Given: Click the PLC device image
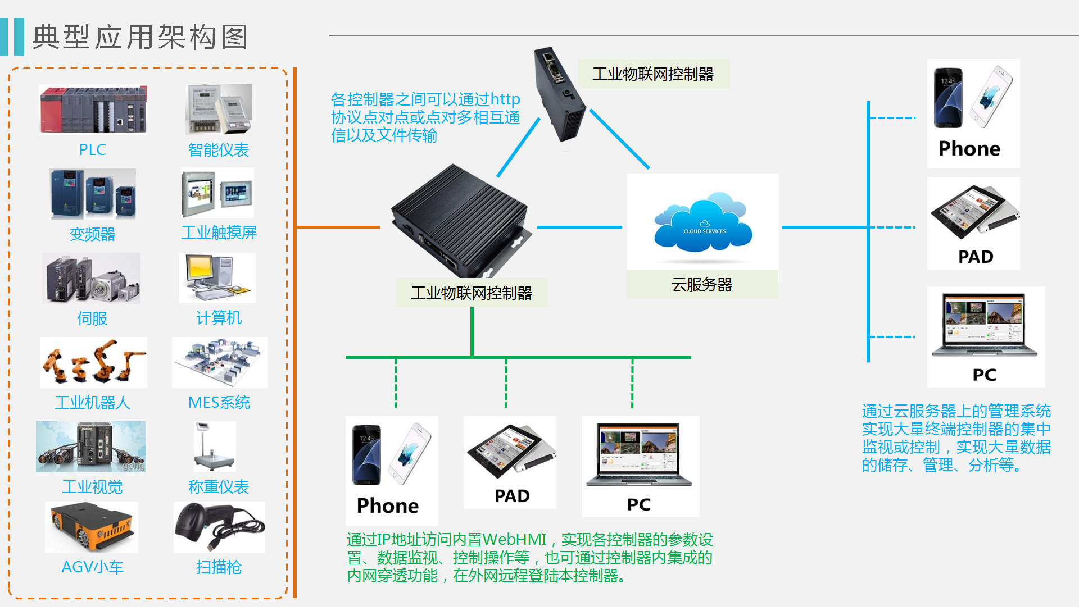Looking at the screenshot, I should click(x=93, y=110).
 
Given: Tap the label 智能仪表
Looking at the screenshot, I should click(x=219, y=150).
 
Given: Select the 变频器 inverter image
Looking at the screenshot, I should click(x=93, y=194).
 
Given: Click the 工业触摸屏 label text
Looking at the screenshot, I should click(x=219, y=233).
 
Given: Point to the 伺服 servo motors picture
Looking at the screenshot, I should click(x=92, y=278).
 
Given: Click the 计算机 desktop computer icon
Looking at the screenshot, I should click(x=217, y=278).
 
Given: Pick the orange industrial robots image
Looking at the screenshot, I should click(x=93, y=362).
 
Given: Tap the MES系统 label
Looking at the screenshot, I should click(x=219, y=403).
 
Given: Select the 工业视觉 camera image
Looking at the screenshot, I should click(x=91, y=447).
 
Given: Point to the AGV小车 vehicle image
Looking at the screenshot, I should click(x=92, y=527).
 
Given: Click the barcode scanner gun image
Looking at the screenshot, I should click(x=219, y=527).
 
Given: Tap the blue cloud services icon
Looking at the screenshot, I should click(x=703, y=223).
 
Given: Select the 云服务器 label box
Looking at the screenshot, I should click(x=702, y=285).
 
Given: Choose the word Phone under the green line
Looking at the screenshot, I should click(x=388, y=505).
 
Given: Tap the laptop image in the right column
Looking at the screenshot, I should click(x=985, y=326).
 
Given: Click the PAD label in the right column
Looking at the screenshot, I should click(x=976, y=257).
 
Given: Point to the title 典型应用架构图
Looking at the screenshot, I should click(x=140, y=38).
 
